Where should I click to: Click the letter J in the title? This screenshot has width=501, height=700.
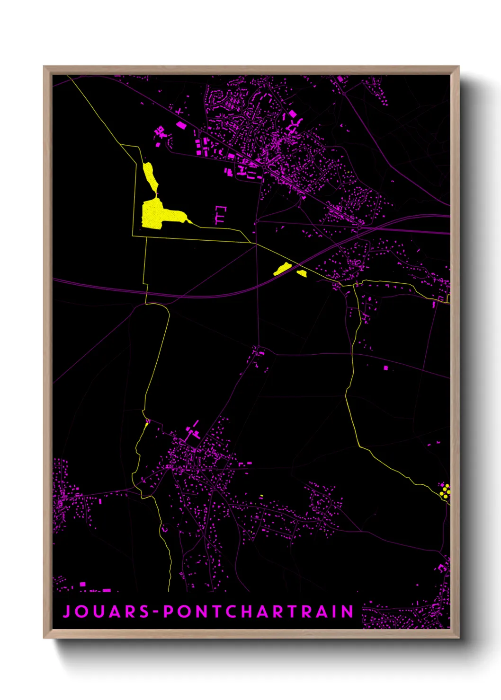(x=67, y=612)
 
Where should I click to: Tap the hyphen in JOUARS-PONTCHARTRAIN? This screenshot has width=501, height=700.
(x=155, y=612)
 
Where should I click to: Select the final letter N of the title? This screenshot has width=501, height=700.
(x=348, y=612)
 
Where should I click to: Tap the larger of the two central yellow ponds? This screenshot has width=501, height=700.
(x=282, y=269)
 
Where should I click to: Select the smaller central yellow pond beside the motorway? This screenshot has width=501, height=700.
(x=302, y=273)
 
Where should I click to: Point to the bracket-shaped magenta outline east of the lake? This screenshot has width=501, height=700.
(x=221, y=215)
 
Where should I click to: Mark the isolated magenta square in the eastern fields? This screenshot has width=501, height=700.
(x=386, y=367)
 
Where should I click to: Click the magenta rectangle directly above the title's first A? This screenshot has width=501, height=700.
(x=107, y=590)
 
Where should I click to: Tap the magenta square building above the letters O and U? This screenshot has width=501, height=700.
(x=83, y=585)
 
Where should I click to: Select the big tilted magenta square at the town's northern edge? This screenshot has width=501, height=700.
(x=293, y=114)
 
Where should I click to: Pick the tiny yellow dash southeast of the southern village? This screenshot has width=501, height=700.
(x=261, y=496)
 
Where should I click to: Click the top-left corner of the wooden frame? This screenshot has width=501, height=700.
(x=44, y=67)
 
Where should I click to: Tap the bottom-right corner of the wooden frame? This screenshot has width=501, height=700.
(x=458, y=638)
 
